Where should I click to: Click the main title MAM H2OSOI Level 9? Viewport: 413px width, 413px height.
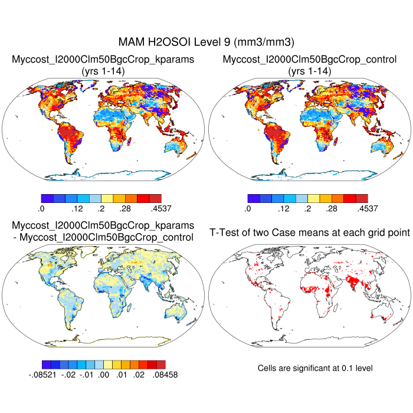pos(206,42)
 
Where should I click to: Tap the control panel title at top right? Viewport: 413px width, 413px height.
pos(309,60)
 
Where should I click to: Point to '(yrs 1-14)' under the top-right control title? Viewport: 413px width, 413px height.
pos(309,71)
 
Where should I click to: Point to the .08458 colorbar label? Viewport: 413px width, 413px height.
pos(165,374)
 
